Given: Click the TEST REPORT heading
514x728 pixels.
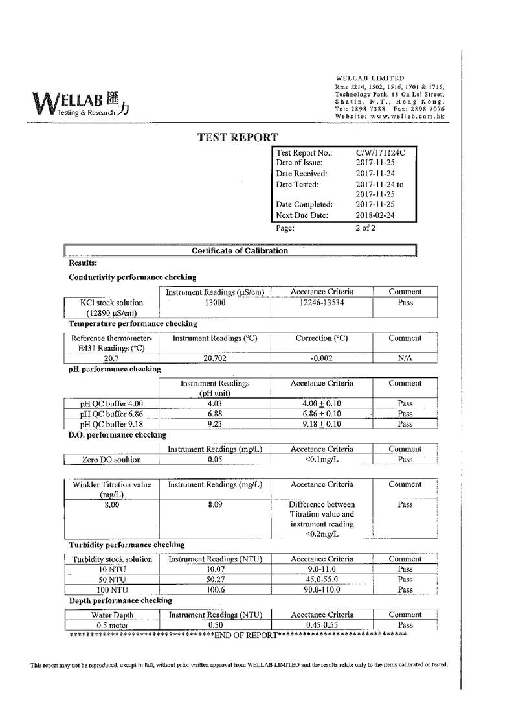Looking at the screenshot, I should tap(238, 137).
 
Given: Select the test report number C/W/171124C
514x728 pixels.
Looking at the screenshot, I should tap(381, 153).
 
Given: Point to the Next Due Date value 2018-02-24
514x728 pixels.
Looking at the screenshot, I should tap(375, 215).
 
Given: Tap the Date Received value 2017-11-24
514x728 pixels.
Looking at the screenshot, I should tap(375, 174).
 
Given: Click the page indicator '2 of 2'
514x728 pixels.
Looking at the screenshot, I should tap(365, 228).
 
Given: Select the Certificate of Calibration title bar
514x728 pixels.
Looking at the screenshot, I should tap(240, 251).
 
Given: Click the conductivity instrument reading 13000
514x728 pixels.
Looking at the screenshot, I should tap(214, 303).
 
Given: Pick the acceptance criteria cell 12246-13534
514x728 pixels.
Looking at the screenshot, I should tap(322, 303).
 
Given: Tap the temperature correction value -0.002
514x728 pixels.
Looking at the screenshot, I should tap(322, 358).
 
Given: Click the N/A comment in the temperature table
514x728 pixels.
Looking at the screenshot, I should tap(405, 358).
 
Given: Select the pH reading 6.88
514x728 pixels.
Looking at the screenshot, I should tap(214, 414).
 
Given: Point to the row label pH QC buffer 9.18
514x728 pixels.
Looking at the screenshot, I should tap(111, 424).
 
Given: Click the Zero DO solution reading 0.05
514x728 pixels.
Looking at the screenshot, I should tap(214, 460).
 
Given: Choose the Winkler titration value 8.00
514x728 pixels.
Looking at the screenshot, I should tap(111, 504).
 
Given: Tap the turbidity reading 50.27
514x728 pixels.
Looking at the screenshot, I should tap(214, 580).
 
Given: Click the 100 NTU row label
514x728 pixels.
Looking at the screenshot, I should tap(111, 590).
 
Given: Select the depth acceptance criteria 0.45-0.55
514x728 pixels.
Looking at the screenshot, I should tap(322, 625).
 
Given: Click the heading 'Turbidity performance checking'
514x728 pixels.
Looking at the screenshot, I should tap(127, 545).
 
